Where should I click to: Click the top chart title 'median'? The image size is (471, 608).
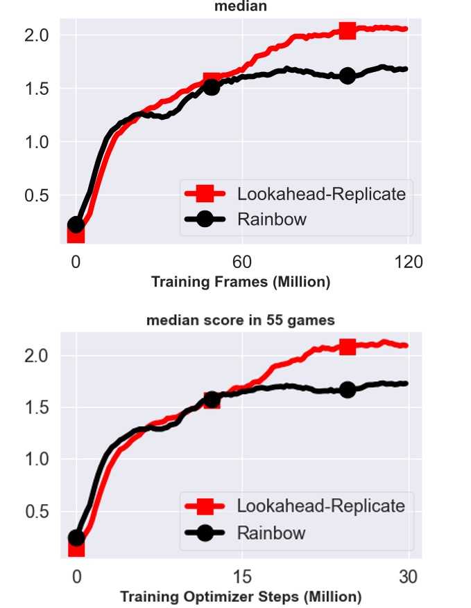(240, 6)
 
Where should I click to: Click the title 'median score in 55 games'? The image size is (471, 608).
(241, 320)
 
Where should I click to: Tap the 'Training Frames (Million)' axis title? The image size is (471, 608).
(241, 282)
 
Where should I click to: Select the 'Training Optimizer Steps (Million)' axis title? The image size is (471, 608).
(241, 596)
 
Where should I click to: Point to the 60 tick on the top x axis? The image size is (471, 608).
(241, 262)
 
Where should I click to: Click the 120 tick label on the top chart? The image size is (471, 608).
(408, 262)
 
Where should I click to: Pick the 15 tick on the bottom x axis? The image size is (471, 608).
(241, 576)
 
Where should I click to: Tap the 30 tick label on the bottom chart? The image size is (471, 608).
(408, 576)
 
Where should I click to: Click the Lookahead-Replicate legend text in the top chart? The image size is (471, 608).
(321, 194)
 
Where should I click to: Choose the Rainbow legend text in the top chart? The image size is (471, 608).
(271, 220)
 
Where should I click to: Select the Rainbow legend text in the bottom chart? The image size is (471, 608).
(271, 533)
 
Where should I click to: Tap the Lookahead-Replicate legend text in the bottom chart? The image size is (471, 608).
(321, 506)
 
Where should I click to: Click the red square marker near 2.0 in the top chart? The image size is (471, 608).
(348, 30)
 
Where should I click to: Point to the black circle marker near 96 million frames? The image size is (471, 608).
(348, 75)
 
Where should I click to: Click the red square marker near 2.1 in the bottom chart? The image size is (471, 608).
(348, 346)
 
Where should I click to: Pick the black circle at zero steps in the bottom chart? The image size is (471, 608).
(76, 537)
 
